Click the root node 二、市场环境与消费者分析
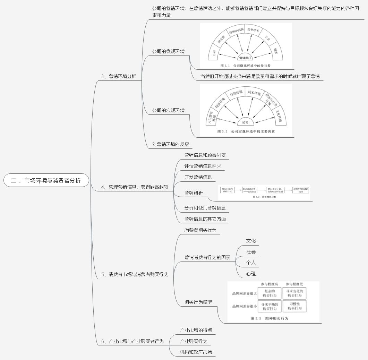point(46,180)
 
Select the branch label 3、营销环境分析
point(118,76)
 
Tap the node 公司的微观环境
point(168,51)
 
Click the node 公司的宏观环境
point(168,110)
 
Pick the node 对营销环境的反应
point(170,144)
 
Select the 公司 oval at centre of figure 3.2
point(245,122)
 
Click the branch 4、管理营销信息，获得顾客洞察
point(135,187)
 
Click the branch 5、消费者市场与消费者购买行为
point(135,274)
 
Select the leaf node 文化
point(251,241)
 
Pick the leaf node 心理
point(251,274)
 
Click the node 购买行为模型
point(198,302)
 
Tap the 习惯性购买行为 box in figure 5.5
point(294,306)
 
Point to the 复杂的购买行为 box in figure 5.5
point(269,293)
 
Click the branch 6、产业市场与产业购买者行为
point(132,342)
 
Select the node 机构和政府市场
point(196,352)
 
